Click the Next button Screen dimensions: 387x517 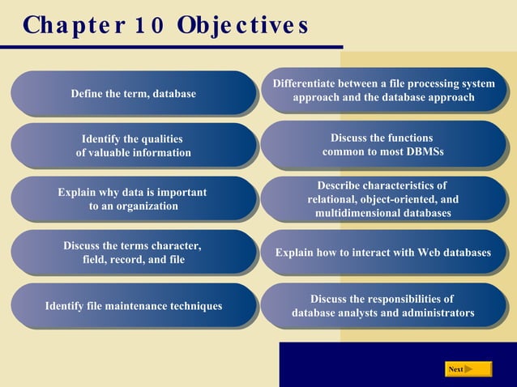(468, 369)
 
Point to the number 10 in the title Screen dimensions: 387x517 (147, 25)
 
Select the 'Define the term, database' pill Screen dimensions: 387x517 (133, 94)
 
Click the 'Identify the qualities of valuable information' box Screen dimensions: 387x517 (133, 146)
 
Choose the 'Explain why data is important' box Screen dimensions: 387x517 (133, 199)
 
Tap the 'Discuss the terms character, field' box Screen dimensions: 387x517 (133, 253)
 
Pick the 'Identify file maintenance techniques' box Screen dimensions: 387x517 (133, 306)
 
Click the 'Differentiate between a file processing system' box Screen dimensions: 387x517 (382, 91)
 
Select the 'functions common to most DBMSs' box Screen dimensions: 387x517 (382, 145)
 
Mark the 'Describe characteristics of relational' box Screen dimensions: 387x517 (382, 199)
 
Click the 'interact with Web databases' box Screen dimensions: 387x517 (382, 253)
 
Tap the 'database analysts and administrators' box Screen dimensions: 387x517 (382, 306)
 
